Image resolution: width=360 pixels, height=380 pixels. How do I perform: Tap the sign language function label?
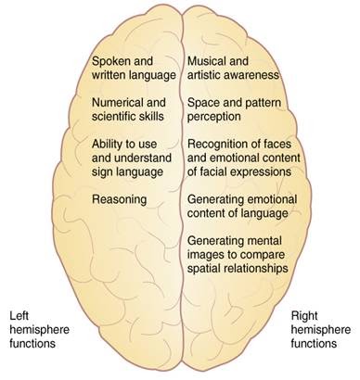pyautogui.click(x=131, y=158)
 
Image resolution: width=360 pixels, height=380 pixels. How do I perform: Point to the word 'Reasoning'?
pyautogui.click(x=118, y=199)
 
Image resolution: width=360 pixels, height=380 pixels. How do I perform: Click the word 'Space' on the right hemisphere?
pyautogui.click(x=204, y=102)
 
